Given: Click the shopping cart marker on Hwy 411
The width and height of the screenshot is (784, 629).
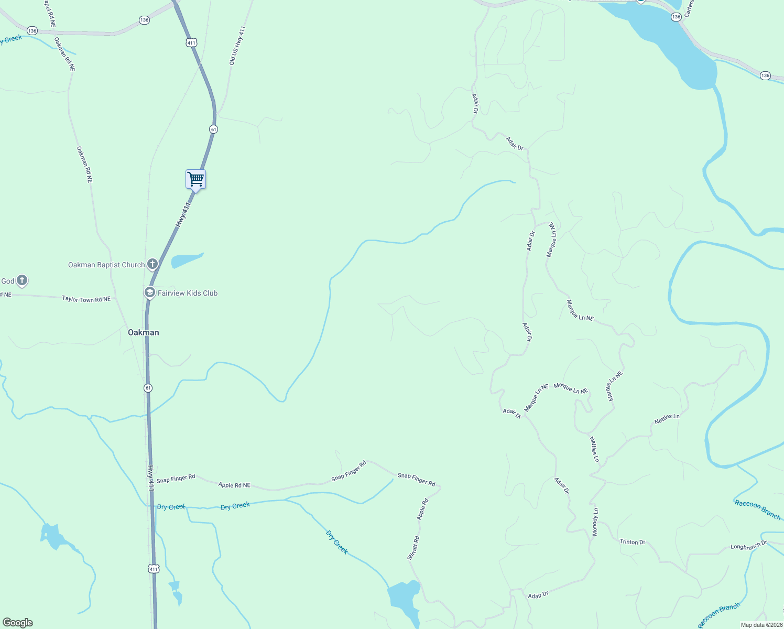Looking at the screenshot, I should [195, 179].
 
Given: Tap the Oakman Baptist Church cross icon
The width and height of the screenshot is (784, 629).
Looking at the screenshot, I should [153, 264].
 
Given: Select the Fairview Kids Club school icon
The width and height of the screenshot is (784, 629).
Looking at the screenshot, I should [149, 292].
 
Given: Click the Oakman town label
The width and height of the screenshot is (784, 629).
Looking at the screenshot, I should [144, 332].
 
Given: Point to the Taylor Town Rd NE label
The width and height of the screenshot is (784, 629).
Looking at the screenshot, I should [86, 299].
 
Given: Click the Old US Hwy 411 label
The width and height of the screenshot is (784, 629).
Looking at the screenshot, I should [237, 46].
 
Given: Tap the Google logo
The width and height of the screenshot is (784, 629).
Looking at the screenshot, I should [18, 623].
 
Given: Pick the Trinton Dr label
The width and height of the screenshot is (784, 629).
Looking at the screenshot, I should [632, 542].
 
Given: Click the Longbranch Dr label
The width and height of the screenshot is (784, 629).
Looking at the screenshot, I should [748, 546].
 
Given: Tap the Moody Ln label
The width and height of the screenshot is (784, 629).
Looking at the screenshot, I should [595, 522].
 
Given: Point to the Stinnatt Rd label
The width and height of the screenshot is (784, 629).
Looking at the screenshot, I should [413, 548].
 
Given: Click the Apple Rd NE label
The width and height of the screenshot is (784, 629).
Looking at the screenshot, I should [234, 485].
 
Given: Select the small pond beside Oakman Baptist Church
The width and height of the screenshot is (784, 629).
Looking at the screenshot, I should [186, 259].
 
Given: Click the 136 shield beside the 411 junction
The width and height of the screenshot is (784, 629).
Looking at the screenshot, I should [145, 20].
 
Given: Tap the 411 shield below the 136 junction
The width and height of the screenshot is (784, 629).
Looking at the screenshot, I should [191, 42].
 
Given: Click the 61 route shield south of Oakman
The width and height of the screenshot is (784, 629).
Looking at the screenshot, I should [148, 388].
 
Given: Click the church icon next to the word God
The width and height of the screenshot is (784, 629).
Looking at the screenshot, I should [22, 280].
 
